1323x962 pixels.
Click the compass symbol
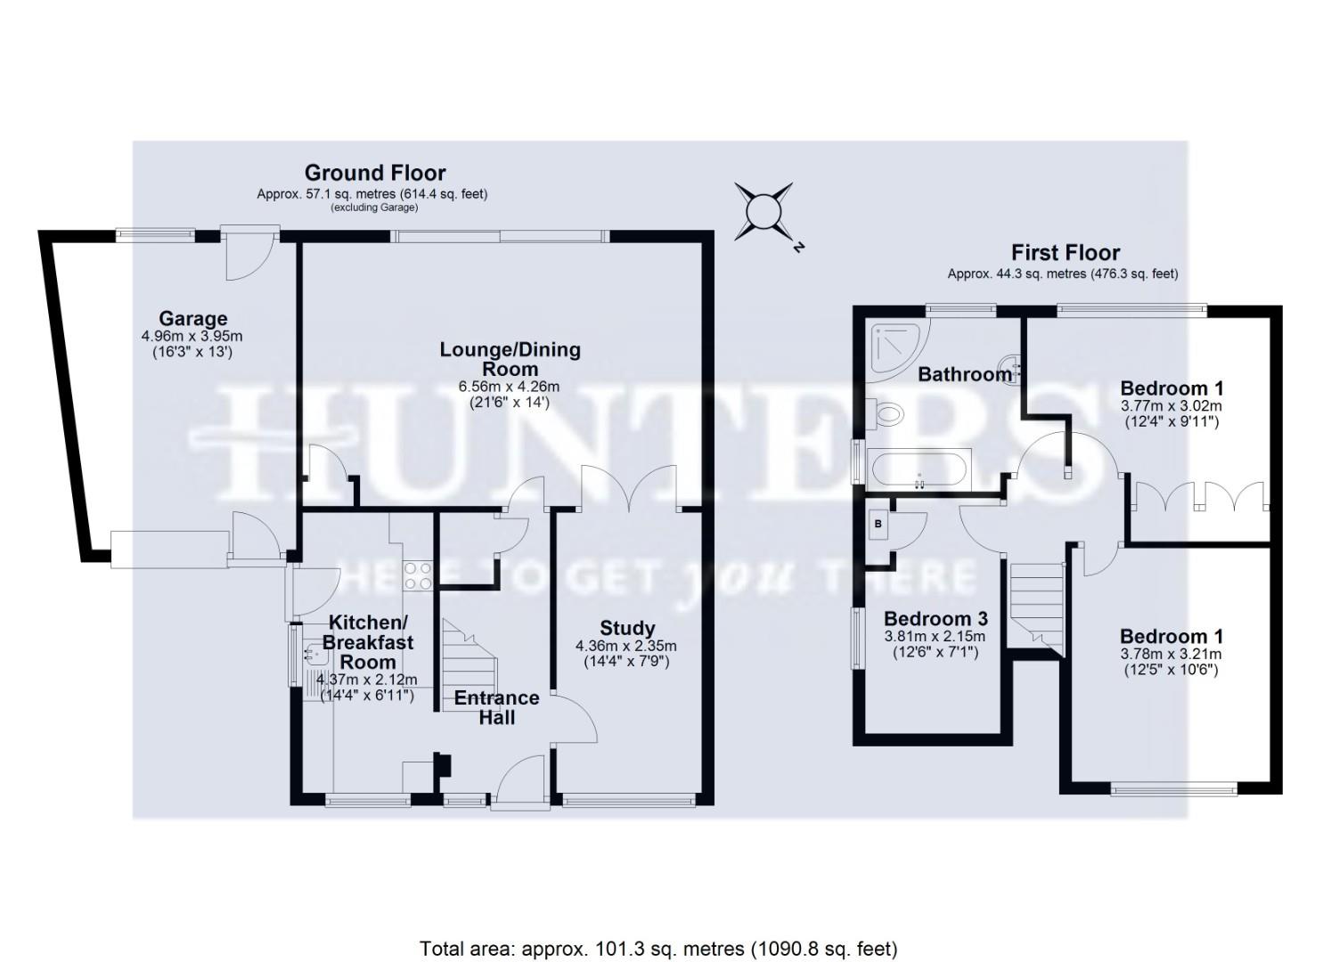(764, 212)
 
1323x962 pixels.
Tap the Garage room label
(192, 318)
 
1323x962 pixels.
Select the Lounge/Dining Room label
(510, 358)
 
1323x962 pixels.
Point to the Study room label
(627, 628)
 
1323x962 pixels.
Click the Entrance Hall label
(496, 707)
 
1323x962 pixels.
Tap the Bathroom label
(965, 374)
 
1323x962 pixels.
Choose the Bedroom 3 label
(935, 618)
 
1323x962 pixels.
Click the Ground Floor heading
(375, 172)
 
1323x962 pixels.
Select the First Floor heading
(1065, 252)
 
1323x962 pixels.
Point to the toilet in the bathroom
(886, 413)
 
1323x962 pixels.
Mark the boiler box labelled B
(878, 525)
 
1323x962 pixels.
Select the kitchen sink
(314, 656)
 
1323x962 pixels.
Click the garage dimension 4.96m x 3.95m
(192, 337)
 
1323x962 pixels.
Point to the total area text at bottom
(658, 949)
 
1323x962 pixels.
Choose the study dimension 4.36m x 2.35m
(627, 646)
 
